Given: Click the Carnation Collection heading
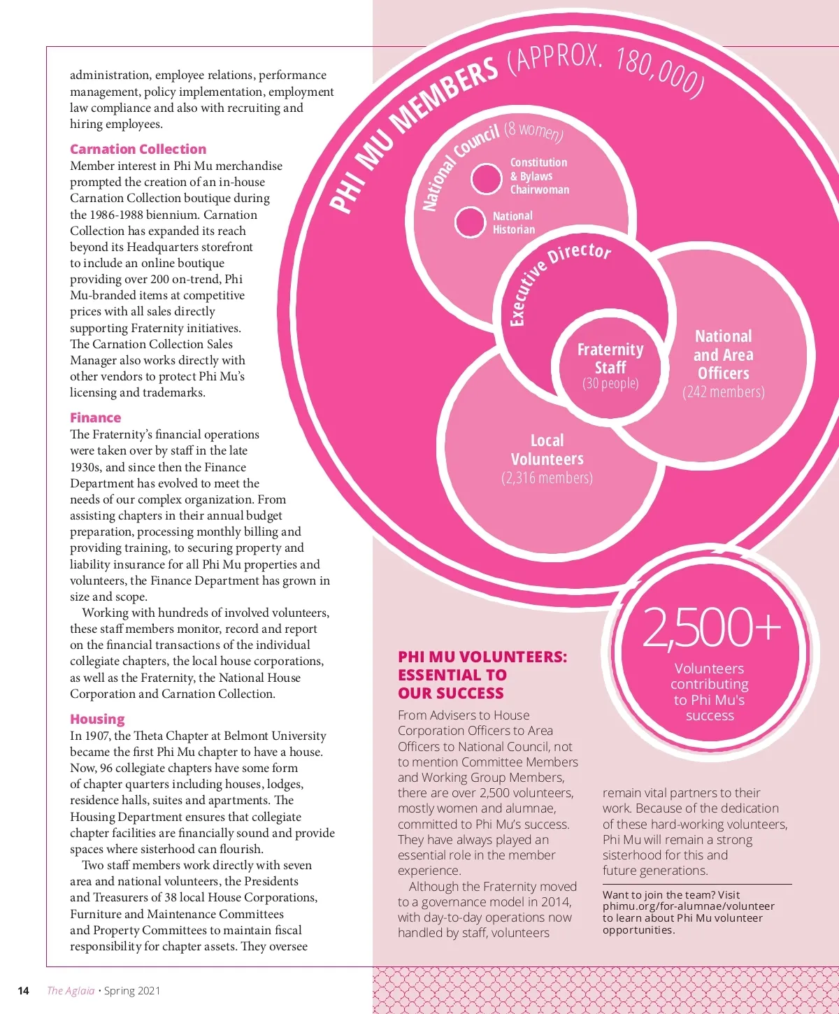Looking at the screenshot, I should click(138, 149).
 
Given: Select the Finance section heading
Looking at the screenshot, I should click(95, 417).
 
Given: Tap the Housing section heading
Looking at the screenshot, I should click(97, 719).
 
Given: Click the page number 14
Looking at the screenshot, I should click(23, 990).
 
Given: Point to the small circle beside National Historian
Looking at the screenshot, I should click(470, 222).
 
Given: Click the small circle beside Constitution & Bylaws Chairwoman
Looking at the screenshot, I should click(486, 179).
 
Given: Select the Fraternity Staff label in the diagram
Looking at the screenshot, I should click(610, 358).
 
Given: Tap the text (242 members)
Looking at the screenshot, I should click(724, 392).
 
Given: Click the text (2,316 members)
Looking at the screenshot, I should click(547, 478).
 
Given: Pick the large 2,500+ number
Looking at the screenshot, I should click(710, 627).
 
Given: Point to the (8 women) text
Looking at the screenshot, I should click(534, 131).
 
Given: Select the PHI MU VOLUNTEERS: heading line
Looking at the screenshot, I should click(482, 657).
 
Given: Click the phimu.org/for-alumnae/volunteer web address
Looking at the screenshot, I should click(688, 906).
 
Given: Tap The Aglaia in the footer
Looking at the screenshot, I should click(71, 990).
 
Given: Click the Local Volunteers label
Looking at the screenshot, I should click(547, 450).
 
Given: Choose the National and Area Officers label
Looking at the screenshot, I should click(724, 355).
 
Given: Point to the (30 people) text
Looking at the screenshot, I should click(610, 383).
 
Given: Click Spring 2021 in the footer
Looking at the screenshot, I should click(132, 990).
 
